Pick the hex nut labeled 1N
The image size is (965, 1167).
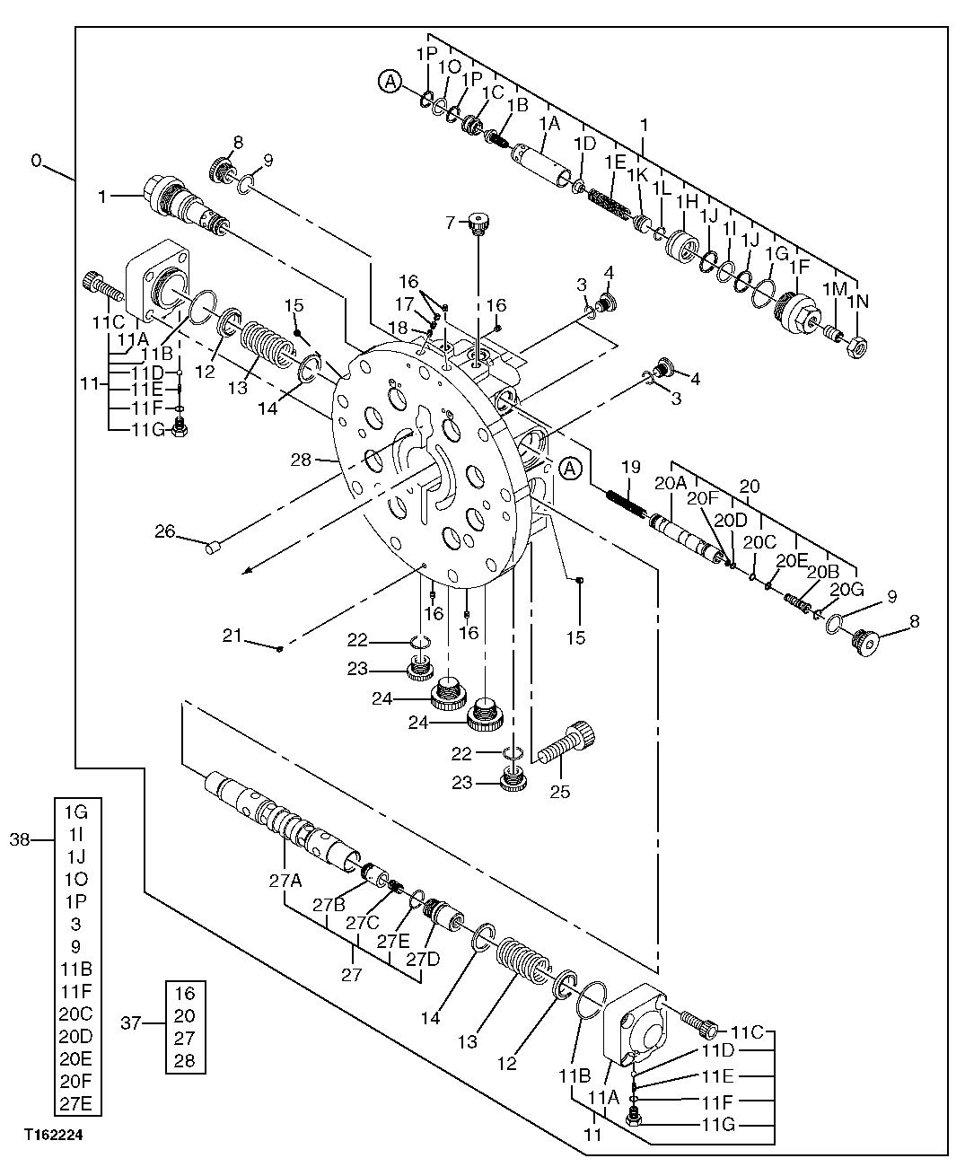click(x=857, y=343)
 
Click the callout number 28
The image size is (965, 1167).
click(x=301, y=459)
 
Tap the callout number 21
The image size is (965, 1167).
click(x=232, y=636)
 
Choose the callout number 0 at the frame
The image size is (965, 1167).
click(x=36, y=161)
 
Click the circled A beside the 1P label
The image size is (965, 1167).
click(x=390, y=82)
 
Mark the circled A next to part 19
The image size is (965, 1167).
click(x=570, y=468)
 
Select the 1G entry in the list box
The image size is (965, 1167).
click(x=76, y=812)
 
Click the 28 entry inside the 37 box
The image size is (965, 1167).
click(x=185, y=1061)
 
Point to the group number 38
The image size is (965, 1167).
click(x=20, y=839)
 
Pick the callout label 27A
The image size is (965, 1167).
click(x=285, y=881)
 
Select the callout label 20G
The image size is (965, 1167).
click(x=847, y=590)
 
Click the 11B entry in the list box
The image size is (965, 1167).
click(x=76, y=970)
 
